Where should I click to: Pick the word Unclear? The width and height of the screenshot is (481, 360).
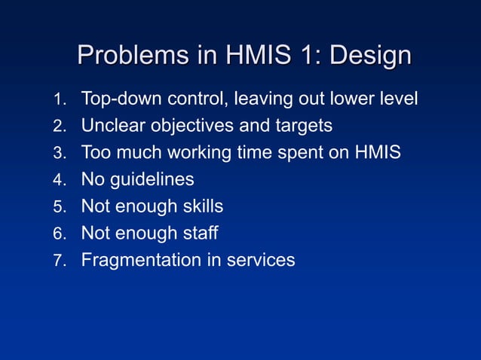tap(109, 125)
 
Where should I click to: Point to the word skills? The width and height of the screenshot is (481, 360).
tap(201, 206)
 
